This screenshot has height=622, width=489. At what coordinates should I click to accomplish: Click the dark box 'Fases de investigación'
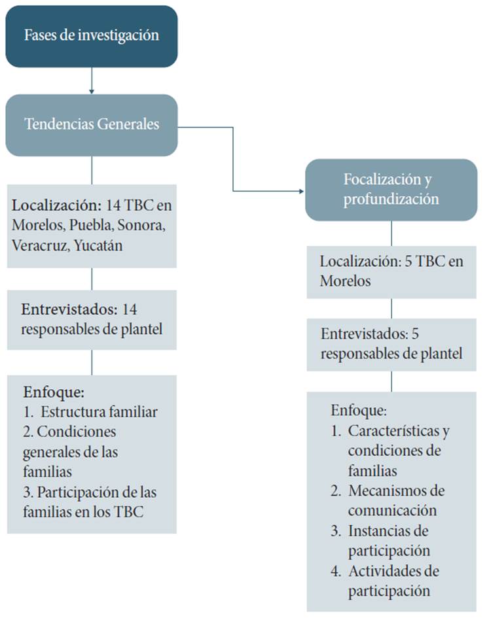(92, 36)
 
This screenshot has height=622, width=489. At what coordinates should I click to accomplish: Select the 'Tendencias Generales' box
(92, 124)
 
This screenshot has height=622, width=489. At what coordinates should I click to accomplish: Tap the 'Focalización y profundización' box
(391, 189)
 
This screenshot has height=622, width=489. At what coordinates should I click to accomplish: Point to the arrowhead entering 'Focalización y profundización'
(302, 191)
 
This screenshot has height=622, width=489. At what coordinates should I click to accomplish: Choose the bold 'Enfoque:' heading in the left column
(54, 393)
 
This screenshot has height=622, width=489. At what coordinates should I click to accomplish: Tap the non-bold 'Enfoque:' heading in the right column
(359, 411)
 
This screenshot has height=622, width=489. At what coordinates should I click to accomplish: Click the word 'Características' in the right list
(399, 431)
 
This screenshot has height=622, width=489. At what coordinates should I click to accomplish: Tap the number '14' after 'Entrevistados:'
(133, 309)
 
